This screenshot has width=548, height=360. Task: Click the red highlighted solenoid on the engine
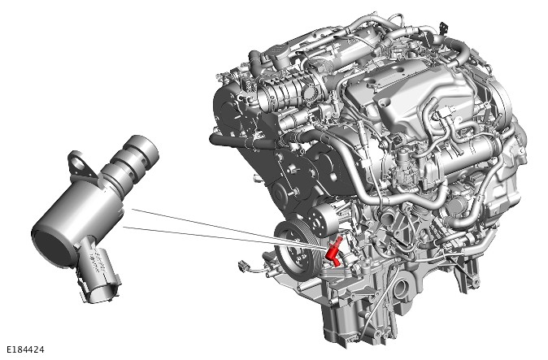pos(333,252)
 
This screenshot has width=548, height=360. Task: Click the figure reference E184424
pos(26,349)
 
